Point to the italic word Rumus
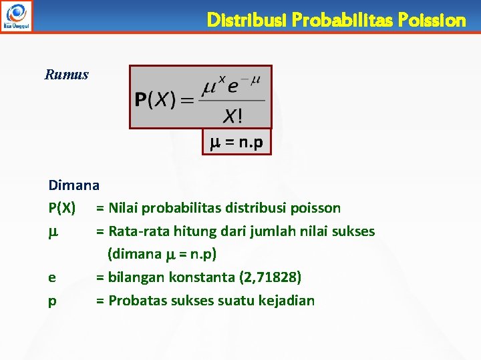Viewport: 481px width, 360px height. [x=66, y=74]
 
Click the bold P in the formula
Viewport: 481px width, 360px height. [x=141, y=101]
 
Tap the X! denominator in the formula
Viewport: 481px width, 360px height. [x=232, y=117]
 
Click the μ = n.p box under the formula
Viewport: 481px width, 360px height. [x=237, y=142]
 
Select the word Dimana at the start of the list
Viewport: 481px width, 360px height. [x=73, y=185]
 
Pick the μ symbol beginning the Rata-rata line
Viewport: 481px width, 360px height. [x=53, y=231]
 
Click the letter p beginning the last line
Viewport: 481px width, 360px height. [x=52, y=301]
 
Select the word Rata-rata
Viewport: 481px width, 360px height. [x=139, y=231]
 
